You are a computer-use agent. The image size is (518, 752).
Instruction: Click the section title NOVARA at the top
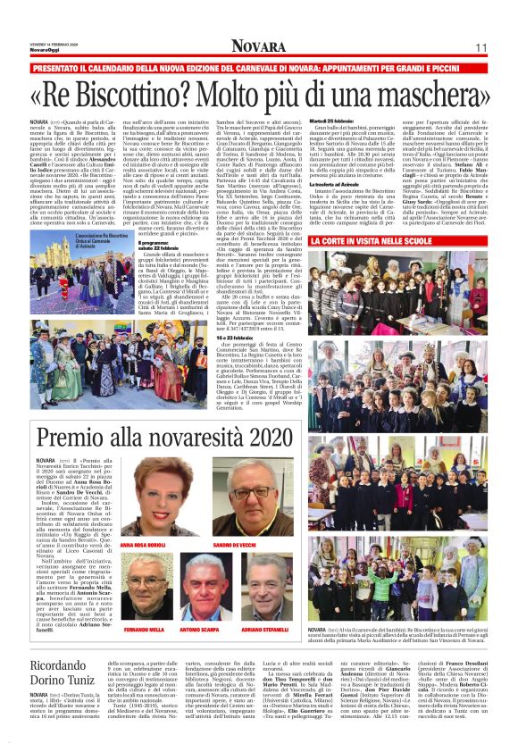[258, 46]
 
